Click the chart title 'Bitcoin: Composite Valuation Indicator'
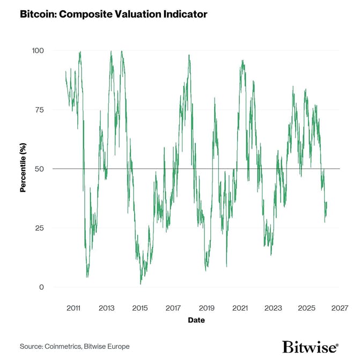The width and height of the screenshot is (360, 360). point(113,14)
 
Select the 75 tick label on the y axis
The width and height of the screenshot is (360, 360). point(39,109)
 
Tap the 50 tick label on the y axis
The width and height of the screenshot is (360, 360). point(39,168)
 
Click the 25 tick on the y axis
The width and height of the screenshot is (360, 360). point(39,227)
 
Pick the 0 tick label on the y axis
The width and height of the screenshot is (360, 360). point(41,287)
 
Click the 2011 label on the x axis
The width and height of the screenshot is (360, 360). point(74,308)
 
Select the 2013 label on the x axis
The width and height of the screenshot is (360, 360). point(107,308)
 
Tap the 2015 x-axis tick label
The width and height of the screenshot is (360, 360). point(140,308)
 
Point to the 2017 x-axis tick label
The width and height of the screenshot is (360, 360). point(173,308)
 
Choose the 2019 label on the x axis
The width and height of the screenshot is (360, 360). point(207,308)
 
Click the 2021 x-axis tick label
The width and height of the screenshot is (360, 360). point(240,308)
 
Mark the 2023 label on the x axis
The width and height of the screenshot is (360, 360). point(273,308)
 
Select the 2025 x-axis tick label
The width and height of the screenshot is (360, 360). point(306,308)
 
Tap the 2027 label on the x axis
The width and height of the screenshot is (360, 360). point(339,308)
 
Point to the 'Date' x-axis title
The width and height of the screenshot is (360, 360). point(196,320)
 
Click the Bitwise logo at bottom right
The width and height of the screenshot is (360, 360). point(310,347)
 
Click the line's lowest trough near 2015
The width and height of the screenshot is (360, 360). point(141,283)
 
